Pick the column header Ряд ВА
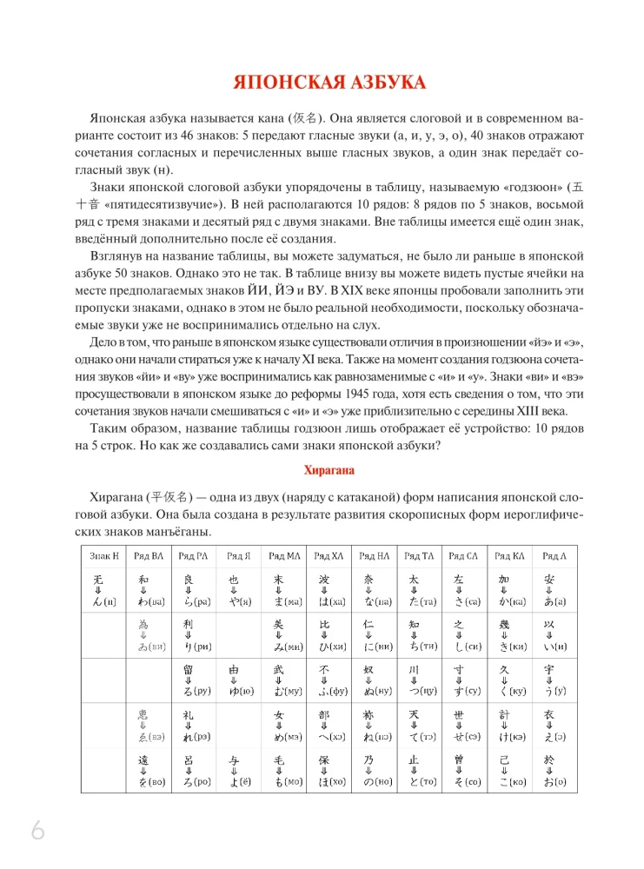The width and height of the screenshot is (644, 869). click(x=149, y=555)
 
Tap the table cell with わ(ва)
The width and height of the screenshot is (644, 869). click(x=149, y=589)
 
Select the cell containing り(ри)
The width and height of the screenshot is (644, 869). click(x=195, y=634)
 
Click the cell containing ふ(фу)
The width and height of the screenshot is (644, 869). click(x=329, y=680)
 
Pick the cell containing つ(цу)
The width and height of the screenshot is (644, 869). click(x=420, y=680)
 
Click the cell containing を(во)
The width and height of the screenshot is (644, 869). click(x=149, y=770)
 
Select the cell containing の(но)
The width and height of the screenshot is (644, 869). click(x=375, y=770)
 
